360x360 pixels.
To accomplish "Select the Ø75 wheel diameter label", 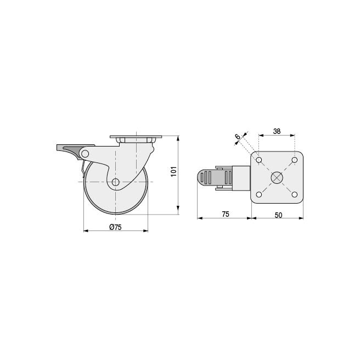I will [x=116, y=227].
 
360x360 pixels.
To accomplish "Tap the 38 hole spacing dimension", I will [x=277, y=132].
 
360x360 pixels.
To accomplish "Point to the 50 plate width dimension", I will [x=278, y=215].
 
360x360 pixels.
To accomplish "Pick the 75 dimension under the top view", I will [x=226, y=215].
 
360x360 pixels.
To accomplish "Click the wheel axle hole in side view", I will [x=116, y=182].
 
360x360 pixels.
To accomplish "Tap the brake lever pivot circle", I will [x=85, y=154].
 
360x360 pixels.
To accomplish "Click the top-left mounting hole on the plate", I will [x=259, y=160].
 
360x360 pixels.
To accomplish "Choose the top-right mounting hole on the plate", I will [x=295, y=160].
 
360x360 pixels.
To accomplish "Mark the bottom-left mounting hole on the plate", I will [x=259, y=195].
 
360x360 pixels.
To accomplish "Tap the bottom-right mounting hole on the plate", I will [x=295, y=195].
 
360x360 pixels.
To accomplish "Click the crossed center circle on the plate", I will [x=277, y=177].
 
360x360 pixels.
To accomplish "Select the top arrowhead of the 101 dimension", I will [x=178, y=139].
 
